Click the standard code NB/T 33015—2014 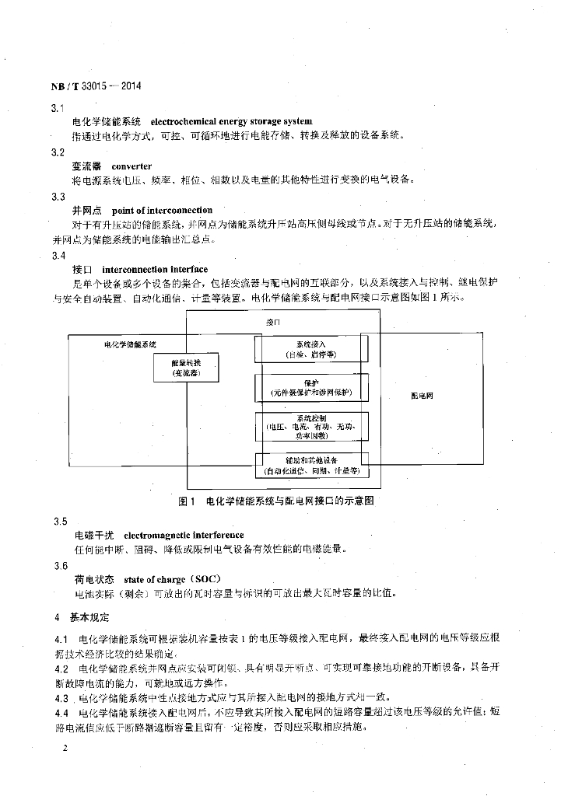coord(95,87)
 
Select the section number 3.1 coord(56,108)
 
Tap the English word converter coord(131,166)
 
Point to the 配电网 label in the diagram coord(422,396)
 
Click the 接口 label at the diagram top coord(272,322)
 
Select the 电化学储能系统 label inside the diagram coord(130,344)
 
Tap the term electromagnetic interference coord(184,535)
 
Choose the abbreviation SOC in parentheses coord(205,579)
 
